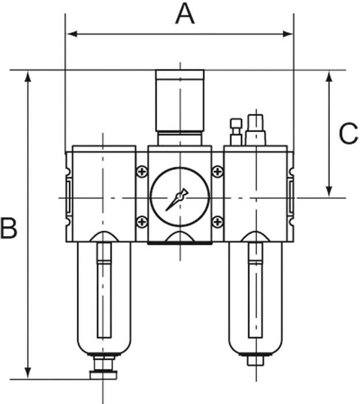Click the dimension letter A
[185, 14]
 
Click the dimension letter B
[9, 229]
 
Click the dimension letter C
[348, 133]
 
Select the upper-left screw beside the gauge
[142, 171]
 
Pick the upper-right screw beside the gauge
[217, 171]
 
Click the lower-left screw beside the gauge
[142, 222]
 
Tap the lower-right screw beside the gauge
[217, 222]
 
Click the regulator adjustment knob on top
[180, 100]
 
